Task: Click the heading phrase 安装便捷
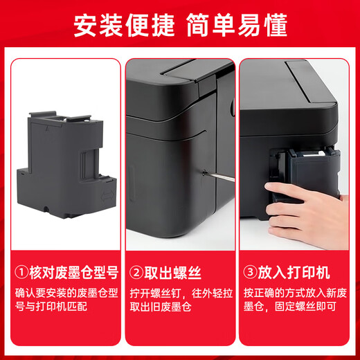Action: pos(124,25)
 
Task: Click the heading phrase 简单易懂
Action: pos(237,25)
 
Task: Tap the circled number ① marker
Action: pos(21,273)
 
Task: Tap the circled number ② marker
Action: pos(136,273)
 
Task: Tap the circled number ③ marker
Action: pos(250,273)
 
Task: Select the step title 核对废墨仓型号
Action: pos(74,273)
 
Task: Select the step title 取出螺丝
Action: pos(173,273)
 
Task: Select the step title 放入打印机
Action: pos(294,273)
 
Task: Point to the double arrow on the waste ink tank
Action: pos(107,196)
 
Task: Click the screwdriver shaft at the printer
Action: pos(220,176)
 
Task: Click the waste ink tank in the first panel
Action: pos(66,165)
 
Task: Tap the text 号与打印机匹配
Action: pos(51,306)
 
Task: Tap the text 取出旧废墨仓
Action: pos(161,307)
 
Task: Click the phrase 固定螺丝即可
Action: pos(305,307)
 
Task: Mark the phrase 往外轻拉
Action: pos(213,294)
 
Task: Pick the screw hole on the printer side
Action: pos(204,172)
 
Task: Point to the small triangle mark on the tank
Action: pos(47,129)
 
